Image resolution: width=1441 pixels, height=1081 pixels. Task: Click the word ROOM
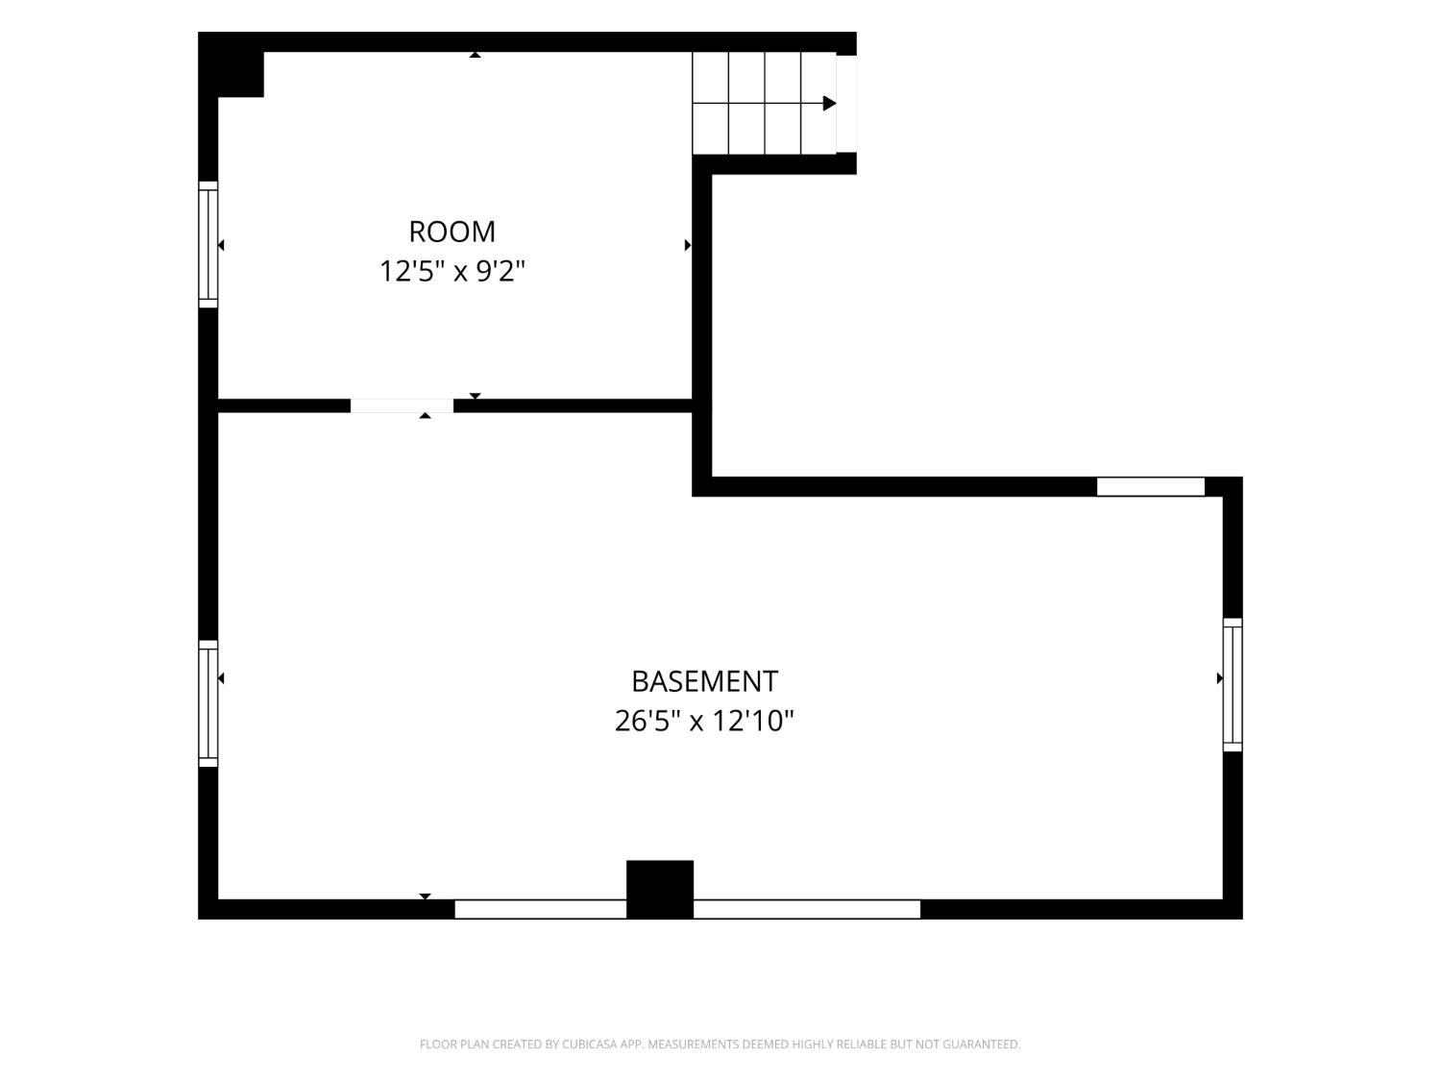452,232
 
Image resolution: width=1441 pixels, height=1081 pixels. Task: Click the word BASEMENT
704,682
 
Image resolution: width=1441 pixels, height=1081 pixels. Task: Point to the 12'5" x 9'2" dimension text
452,271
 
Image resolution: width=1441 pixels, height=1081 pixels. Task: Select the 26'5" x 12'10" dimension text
704,722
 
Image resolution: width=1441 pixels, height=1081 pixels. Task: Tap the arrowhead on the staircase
829,103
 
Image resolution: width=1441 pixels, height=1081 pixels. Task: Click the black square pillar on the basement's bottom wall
660,889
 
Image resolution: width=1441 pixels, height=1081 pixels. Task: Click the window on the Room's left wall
208,244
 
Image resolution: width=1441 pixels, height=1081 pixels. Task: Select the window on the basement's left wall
208,703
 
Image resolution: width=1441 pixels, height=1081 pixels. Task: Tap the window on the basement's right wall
1233,684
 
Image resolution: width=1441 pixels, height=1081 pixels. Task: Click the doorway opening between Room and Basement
402,405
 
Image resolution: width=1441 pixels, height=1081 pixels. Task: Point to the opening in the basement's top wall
1150,486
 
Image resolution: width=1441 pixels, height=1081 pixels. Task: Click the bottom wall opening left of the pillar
540,909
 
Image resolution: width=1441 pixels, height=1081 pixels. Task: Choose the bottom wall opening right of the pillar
807,909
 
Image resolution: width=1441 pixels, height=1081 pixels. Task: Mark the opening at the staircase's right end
847,104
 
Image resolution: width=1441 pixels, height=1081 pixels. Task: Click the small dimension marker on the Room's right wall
688,245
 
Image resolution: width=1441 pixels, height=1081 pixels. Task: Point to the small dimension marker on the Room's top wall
475,55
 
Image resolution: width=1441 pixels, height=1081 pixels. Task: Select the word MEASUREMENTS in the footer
694,1044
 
